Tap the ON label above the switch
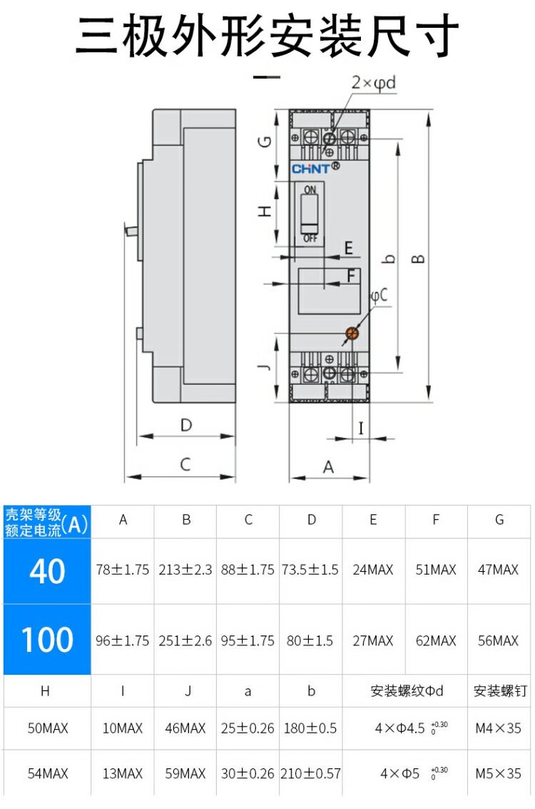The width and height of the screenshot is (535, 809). pos(310,190)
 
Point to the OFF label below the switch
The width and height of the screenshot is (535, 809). pos(310,238)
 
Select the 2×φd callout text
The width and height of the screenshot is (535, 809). pos(373,84)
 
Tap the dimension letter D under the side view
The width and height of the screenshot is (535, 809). pos(186,426)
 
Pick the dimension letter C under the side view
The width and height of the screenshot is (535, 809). pos(185,464)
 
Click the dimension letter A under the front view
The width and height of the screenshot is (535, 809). pos(329,467)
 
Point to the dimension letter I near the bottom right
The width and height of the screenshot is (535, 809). pos(361,428)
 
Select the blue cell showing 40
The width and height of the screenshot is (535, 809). pos(47,571)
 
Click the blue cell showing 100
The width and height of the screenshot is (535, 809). pos(47,640)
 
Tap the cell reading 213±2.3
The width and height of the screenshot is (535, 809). pos(185,570)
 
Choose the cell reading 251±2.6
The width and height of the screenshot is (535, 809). pos(185,640)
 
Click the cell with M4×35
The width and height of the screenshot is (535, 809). pos(499,729)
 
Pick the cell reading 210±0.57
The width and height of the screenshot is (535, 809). pos(311,773)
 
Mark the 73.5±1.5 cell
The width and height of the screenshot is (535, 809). pos(311,570)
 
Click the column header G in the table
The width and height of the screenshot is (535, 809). pos(499,520)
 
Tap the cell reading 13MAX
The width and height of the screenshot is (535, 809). pos(123,773)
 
